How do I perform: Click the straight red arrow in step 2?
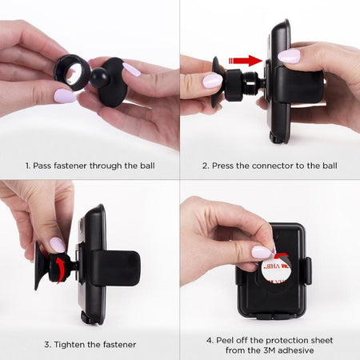coord(246,61)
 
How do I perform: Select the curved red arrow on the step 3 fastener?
coord(61,270)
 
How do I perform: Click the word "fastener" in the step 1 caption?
coord(70,166)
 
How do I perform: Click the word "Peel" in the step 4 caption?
coord(223,340)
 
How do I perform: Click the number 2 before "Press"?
coord(205,166)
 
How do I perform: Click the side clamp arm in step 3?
coord(117,268)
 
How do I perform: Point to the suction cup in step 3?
coord(41,266)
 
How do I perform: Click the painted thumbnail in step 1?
coord(65,96)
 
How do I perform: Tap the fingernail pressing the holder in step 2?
coord(289,56)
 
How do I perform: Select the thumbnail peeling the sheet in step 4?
coord(262,252)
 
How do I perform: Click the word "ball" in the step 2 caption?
coord(330,166)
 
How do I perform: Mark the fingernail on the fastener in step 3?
coord(58,245)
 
